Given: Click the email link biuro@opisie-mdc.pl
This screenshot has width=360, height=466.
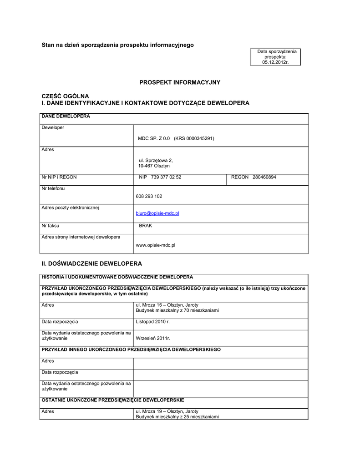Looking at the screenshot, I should (x=157, y=213).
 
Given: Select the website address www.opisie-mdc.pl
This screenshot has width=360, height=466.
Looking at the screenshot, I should (x=155, y=245).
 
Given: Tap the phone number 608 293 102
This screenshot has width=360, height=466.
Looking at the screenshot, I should (x=149, y=196).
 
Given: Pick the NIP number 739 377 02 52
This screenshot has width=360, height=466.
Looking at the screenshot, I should (x=166, y=177).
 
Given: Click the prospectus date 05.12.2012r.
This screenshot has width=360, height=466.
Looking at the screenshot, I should (x=275, y=62).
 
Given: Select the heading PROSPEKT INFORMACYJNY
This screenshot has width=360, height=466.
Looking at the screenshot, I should (x=179, y=82).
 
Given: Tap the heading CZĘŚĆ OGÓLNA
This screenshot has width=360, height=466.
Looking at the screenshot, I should (x=65, y=96).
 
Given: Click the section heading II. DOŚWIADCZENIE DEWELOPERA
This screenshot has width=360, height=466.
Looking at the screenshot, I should (x=91, y=263).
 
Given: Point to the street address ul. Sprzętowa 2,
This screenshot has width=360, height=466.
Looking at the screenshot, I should (x=156, y=160).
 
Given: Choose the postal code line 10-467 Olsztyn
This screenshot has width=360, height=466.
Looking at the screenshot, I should (x=154, y=166).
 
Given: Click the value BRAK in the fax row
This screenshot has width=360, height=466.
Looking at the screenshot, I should (x=145, y=225).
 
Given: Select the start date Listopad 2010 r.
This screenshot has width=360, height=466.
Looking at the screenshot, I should (x=152, y=322).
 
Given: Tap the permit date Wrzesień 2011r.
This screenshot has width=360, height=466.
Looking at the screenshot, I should (x=152, y=338).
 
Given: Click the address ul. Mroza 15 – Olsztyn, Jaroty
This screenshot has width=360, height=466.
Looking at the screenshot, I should (x=167, y=305).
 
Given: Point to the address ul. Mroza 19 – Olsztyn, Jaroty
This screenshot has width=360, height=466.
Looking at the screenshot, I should (x=167, y=411).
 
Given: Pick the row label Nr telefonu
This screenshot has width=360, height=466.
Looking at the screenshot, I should (x=53, y=188).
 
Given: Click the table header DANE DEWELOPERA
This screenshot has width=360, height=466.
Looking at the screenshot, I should (x=66, y=116).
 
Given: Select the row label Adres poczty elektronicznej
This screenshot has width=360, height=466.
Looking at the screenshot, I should (x=70, y=208).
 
